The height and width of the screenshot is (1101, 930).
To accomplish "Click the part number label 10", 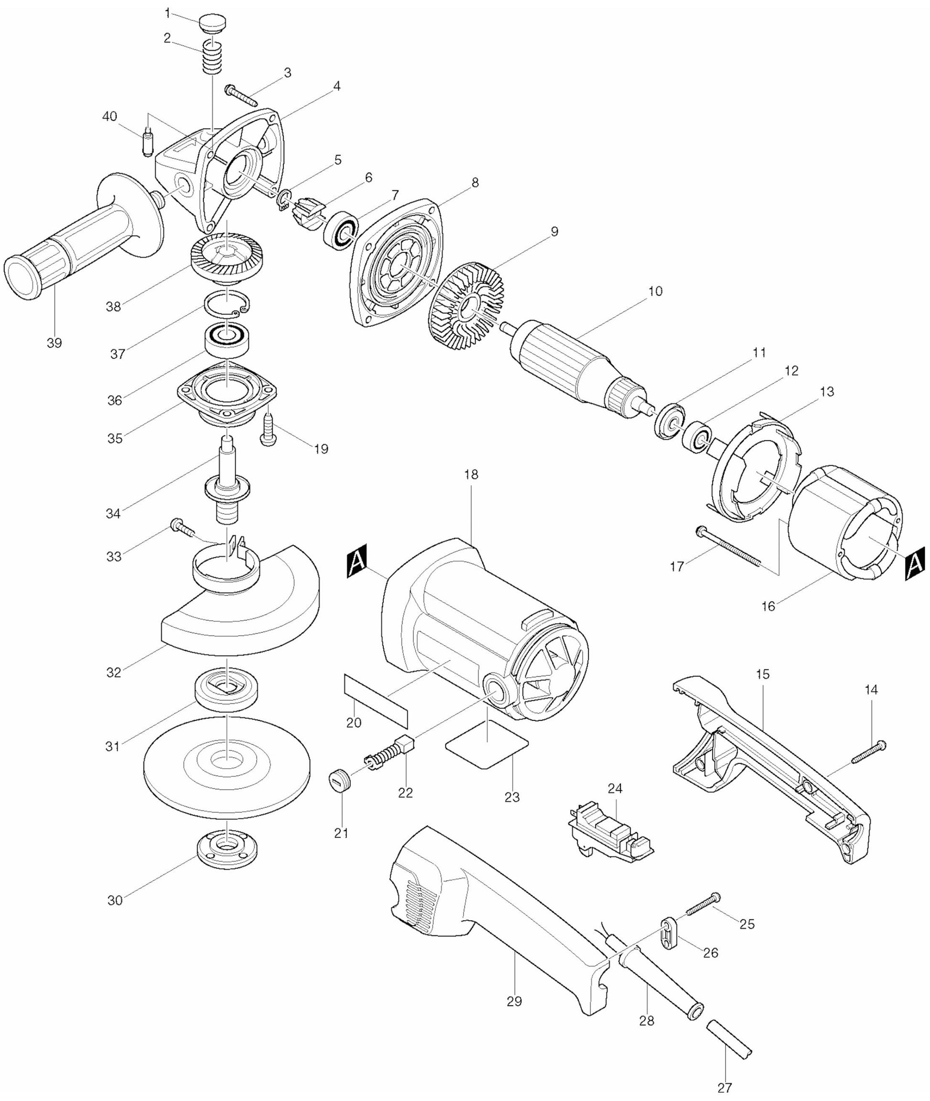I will (655, 291).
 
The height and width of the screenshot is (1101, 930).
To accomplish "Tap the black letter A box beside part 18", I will (356, 563).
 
